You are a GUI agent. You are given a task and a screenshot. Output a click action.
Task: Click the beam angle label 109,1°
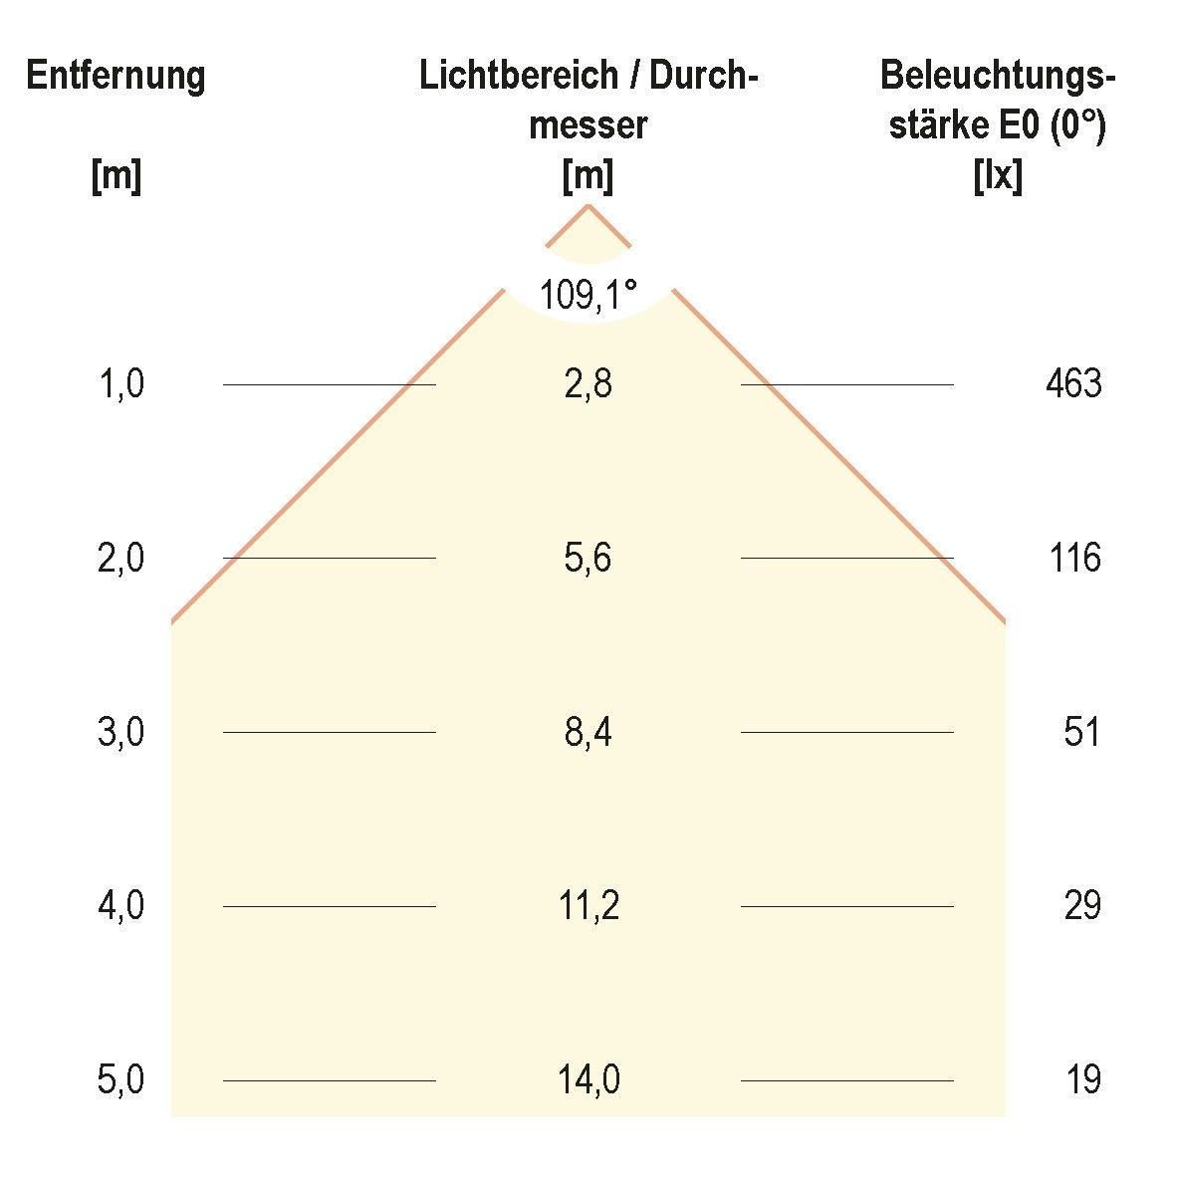point(588,296)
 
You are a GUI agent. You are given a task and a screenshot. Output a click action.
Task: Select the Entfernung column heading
point(116,77)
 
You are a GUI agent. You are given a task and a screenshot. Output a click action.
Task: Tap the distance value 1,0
point(121,384)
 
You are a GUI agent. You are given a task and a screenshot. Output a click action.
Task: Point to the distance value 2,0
point(121,559)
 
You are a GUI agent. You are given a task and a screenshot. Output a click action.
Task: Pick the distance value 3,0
point(121,733)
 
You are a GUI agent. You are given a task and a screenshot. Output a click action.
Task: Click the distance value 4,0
point(121,906)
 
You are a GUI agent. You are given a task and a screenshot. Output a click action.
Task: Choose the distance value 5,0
point(121,1080)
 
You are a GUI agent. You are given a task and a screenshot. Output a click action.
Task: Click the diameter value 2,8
point(588,384)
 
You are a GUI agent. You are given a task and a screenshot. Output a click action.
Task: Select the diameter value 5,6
point(588,559)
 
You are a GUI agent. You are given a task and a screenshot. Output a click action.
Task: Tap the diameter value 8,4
point(588,733)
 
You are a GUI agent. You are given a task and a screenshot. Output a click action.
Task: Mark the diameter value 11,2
point(588,906)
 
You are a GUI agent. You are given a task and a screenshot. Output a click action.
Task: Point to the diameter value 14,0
point(588,1080)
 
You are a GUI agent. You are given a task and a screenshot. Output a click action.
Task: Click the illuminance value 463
point(1073,384)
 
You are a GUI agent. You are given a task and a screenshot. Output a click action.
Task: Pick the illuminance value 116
point(1074,559)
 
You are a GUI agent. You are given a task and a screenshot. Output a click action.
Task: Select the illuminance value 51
point(1081,733)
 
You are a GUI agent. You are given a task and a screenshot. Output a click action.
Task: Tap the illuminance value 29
point(1081,906)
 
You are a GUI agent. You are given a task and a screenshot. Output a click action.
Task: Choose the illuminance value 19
point(1081,1080)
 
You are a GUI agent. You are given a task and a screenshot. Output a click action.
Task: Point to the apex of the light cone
point(588,205)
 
